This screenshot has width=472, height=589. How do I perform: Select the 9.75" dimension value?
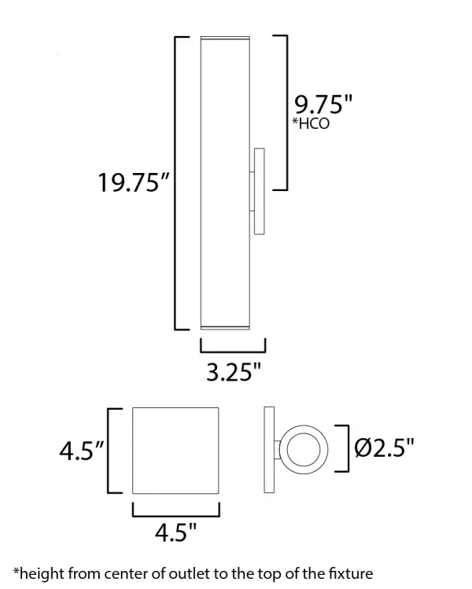coord(323,105)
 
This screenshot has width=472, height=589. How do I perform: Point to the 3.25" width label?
coord(233,372)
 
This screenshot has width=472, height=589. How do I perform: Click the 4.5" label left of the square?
coord(82,452)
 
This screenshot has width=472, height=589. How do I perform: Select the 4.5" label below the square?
coord(175,533)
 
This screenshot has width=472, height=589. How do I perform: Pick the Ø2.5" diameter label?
coord(384,449)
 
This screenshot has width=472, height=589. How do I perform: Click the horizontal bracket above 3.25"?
coord(233,349)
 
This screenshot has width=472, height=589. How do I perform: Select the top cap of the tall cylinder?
coord(225,38)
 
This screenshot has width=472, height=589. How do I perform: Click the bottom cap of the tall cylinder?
coord(225,326)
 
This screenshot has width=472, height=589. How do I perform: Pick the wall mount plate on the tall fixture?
coord(259,190)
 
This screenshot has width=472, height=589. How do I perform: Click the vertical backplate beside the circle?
coord(269,450)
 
